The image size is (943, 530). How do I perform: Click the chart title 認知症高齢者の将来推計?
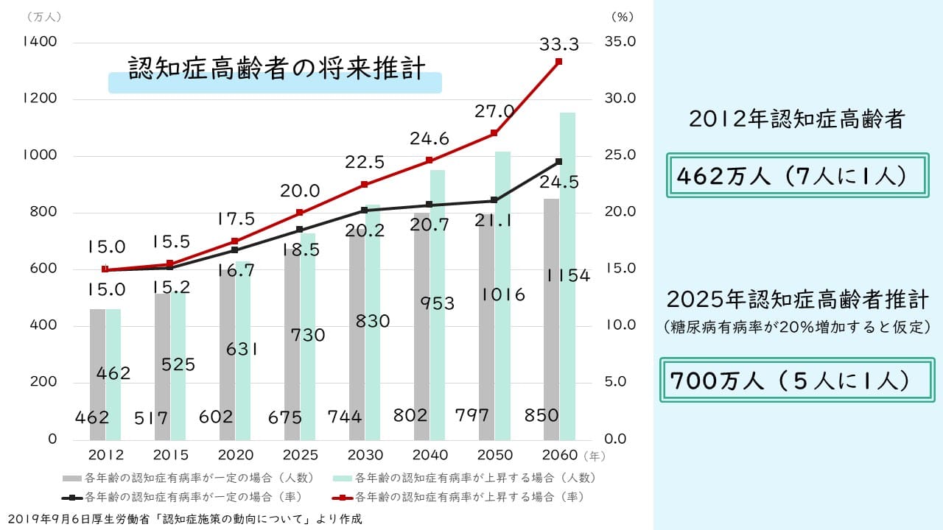[x=276, y=68]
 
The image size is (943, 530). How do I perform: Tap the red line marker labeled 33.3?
[x=558, y=61]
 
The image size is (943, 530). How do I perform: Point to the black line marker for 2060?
[x=558, y=161]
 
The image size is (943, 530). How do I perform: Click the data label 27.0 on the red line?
[x=494, y=112]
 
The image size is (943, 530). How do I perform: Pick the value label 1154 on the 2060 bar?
[x=568, y=276]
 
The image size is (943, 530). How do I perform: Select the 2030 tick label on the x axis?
[x=365, y=455]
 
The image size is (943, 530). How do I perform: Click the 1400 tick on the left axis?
[x=40, y=42]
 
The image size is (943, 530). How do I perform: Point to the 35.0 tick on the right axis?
[x=620, y=42]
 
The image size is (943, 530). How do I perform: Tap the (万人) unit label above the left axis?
[x=43, y=15]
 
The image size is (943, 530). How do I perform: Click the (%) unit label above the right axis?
[x=621, y=15]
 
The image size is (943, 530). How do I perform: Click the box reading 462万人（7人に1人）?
[x=796, y=176]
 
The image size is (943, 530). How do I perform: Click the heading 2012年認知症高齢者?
[x=796, y=120]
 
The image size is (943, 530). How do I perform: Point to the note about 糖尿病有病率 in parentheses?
[x=796, y=327]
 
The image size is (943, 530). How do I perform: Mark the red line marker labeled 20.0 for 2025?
[x=300, y=213]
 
